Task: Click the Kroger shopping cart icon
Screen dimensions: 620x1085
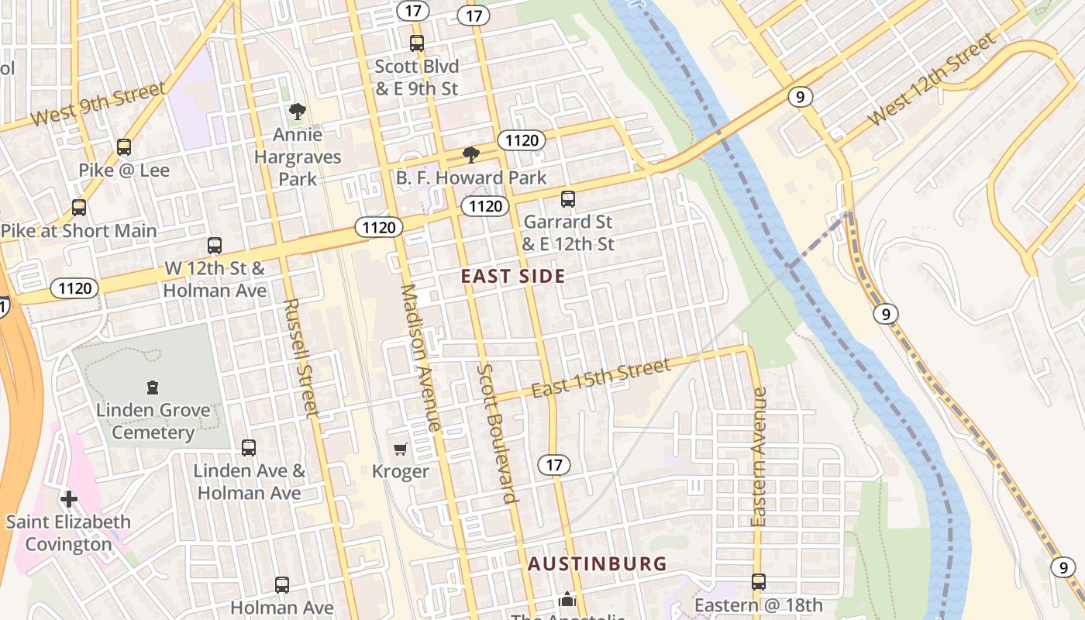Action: pos(401,449)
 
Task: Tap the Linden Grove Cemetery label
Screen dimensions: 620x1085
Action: pos(153,422)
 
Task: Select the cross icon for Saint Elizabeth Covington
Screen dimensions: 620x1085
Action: pos(69,499)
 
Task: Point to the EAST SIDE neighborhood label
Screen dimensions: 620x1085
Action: pos(513,277)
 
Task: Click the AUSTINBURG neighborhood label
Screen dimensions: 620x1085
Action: pos(597,563)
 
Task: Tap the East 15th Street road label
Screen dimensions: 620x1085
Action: pos(601,379)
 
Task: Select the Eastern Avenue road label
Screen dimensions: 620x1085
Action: pos(759,456)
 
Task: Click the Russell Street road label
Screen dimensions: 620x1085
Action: pos(301,358)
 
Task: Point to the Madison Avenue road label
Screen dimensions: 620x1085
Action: pos(422,357)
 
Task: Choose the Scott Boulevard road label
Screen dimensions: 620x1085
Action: pos(498,433)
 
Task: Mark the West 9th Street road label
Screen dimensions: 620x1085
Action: pos(98,105)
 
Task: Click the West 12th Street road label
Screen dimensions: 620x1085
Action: pos(932,80)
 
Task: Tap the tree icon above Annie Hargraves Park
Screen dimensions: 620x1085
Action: pos(297,112)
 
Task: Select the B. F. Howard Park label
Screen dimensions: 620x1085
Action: pos(471,177)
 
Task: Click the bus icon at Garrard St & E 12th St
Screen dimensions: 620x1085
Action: pos(568,199)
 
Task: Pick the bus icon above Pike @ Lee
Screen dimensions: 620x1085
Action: pos(124,147)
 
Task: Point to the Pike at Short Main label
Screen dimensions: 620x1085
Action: pos(78,231)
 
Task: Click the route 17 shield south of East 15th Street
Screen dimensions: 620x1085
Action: pos(553,465)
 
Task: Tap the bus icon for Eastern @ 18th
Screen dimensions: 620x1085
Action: pos(759,581)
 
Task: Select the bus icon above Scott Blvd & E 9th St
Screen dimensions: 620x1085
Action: pos(417,43)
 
